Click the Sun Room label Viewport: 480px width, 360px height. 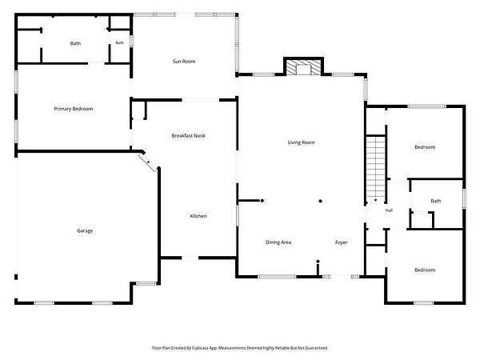(184, 62)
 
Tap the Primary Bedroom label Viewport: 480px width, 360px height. (74, 109)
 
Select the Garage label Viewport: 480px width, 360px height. (85, 230)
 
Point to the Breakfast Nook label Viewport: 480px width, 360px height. (189, 136)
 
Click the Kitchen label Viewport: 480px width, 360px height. (198, 216)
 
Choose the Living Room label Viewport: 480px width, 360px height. (302, 142)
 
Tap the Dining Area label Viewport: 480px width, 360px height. (278, 242)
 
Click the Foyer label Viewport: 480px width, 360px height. (342, 242)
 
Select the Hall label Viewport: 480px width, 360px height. (389, 210)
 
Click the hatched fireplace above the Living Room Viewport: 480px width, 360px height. (303, 67)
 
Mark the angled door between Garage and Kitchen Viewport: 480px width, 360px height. (148, 162)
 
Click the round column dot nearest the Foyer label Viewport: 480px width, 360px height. (318, 262)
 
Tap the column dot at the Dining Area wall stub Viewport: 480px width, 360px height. (262, 201)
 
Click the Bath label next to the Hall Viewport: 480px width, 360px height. (436, 201)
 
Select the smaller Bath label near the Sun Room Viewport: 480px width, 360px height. (120, 43)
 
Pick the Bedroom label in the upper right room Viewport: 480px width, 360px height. (425, 147)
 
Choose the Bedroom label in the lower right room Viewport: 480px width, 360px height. (425, 270)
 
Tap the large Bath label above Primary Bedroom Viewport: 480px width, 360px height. (75, 43)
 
